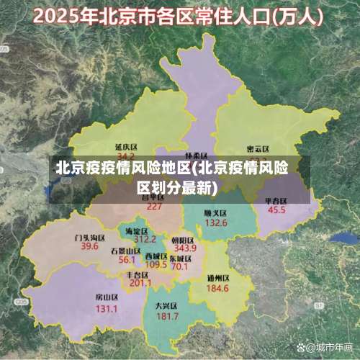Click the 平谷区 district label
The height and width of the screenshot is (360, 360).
click(276, 200)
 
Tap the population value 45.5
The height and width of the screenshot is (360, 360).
click(276, 210)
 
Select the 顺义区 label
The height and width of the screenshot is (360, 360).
click(215, 213)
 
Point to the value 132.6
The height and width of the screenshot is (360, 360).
click(215, 223)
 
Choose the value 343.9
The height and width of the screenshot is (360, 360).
click(185, 248)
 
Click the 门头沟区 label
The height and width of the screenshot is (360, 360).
click(89, 237)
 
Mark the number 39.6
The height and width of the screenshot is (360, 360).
click(89, 246)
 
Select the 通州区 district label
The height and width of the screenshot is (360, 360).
click(217, 278)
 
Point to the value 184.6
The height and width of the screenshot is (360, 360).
click(217, 288)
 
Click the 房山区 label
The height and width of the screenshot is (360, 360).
click(107, 297)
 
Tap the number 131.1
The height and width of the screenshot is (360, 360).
click(107, 308)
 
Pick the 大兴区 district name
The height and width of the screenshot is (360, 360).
click(167, 305)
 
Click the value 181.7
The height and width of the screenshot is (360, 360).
click(167, 315)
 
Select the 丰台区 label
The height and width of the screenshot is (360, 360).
click(138, 274)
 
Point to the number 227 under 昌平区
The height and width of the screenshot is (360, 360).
click(154, 206)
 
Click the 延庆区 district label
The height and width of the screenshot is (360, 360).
click(126, 147)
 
